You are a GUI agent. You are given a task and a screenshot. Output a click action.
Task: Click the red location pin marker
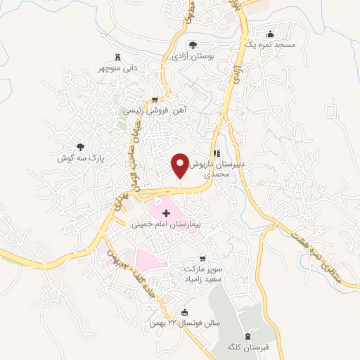pos(181,165)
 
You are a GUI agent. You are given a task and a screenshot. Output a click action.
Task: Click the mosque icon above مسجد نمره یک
pos(270,34)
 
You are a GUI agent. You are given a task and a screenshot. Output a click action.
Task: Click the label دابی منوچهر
pos(117,70)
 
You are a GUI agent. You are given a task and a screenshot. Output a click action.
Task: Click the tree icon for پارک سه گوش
pos(80,148)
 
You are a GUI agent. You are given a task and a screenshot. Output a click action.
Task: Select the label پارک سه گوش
pos(80,159)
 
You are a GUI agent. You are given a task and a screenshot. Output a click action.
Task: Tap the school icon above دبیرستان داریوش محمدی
pos(217,153)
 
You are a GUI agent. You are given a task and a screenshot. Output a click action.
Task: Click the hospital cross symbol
pos(167,213)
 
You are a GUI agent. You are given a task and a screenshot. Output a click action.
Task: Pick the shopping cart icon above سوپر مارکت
pos(203,259)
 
